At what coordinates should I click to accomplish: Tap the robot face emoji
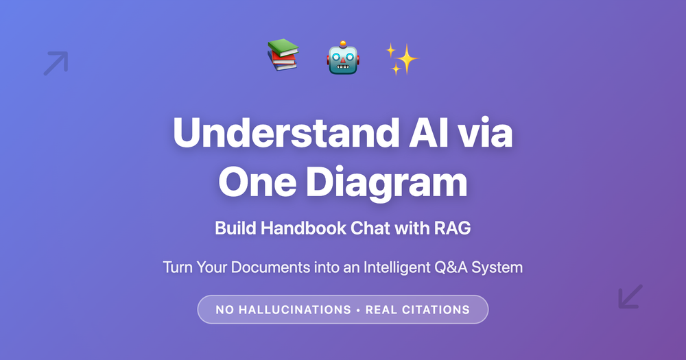pyautogui.click(x=343, y=57)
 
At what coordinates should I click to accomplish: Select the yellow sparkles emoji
pyautogui.click(x=402, y=58)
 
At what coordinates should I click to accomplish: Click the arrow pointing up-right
pyautogui.click(x=56, y=63)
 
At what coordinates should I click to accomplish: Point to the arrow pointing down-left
pyautogui.click(x=630, y=296)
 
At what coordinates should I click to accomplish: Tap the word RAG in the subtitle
pyautogui.click(x=453, y=228)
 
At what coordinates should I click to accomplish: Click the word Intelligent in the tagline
pyautogui.click(x=391, y=267)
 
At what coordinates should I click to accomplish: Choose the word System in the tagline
pyautogui.click(x=498, y=267)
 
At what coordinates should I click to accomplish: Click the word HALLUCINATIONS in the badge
pyautogui.click(x=294, y=309)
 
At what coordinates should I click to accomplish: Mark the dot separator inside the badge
pyautogui.click(x=358, y=309)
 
